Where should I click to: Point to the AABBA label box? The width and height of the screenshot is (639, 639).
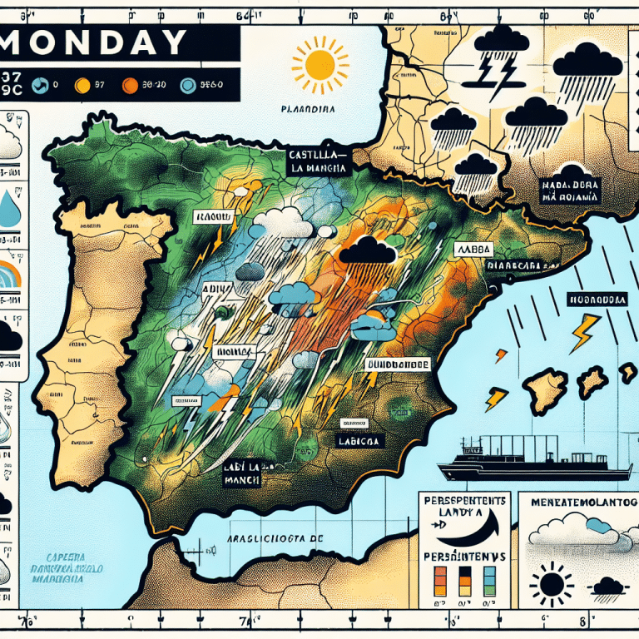(x=476, y=249)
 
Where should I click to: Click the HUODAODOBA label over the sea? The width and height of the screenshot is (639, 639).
(x=597, y=299)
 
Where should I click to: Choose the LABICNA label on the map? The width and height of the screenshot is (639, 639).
(x=359, y=441)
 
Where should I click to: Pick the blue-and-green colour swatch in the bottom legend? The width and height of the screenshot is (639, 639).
(x=489, y=576)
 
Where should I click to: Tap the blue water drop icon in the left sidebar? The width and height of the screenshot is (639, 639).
(x=11, y=209)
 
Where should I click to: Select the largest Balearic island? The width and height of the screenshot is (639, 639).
(x=544, y=386)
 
